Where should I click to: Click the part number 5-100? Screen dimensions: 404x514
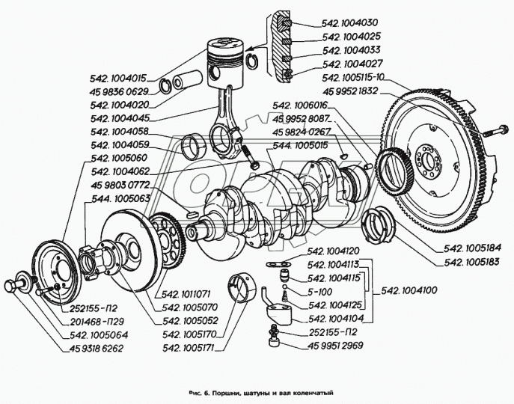coord(319,292)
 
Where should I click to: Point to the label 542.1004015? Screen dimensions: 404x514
coord(119,76)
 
